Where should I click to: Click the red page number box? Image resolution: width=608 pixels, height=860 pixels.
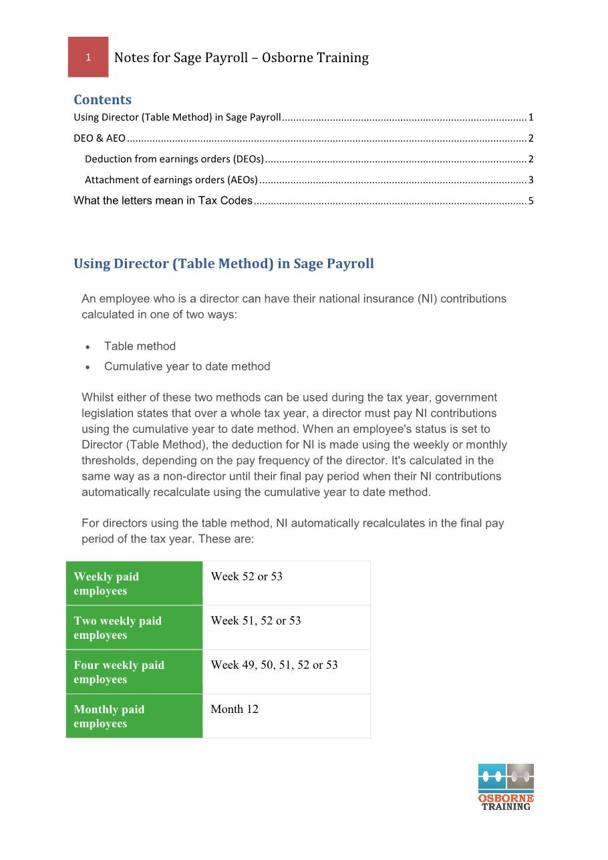click(x=88, y=57)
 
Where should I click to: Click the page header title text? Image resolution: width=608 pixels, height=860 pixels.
click(x=241, y=58)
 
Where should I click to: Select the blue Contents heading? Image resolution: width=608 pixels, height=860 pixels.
click(x=102, y=100)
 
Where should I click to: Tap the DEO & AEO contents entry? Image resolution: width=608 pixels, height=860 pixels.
click(x=100, y=139)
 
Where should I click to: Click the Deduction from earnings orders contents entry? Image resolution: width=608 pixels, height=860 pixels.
click(x=174, y=160)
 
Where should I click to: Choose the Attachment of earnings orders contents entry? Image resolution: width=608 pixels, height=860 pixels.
click(x=171, y=180)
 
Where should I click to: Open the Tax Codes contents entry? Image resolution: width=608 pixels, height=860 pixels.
click(x=163, y=200)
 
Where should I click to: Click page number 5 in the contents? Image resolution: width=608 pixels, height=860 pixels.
click(x=530, y=200)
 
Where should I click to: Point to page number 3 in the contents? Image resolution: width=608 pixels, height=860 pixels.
click(x=530, y=180)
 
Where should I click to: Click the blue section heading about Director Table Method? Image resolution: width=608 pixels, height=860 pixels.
click(x=224, y=264)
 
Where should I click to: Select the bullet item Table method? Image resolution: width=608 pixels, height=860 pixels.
click(x=140, y=346)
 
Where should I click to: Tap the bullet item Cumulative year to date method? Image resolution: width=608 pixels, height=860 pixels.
click(x=187, y=366)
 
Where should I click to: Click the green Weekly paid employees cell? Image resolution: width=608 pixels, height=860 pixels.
click(x=134, y=583)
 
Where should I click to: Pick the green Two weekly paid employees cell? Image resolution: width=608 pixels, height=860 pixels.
click(x=134, y=627)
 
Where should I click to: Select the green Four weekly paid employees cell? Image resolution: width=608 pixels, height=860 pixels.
click(x=134, y=672)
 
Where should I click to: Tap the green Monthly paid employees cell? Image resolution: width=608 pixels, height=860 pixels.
click(x=134, y=716)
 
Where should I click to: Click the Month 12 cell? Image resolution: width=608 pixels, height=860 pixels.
click(x=286, y=716)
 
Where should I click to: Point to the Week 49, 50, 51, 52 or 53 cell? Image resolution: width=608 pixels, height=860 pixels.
click(x=286, y=672)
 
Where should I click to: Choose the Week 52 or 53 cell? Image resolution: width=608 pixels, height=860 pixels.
click(x=286, y=583)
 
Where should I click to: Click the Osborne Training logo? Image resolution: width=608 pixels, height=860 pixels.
click(x=506, y=787)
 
